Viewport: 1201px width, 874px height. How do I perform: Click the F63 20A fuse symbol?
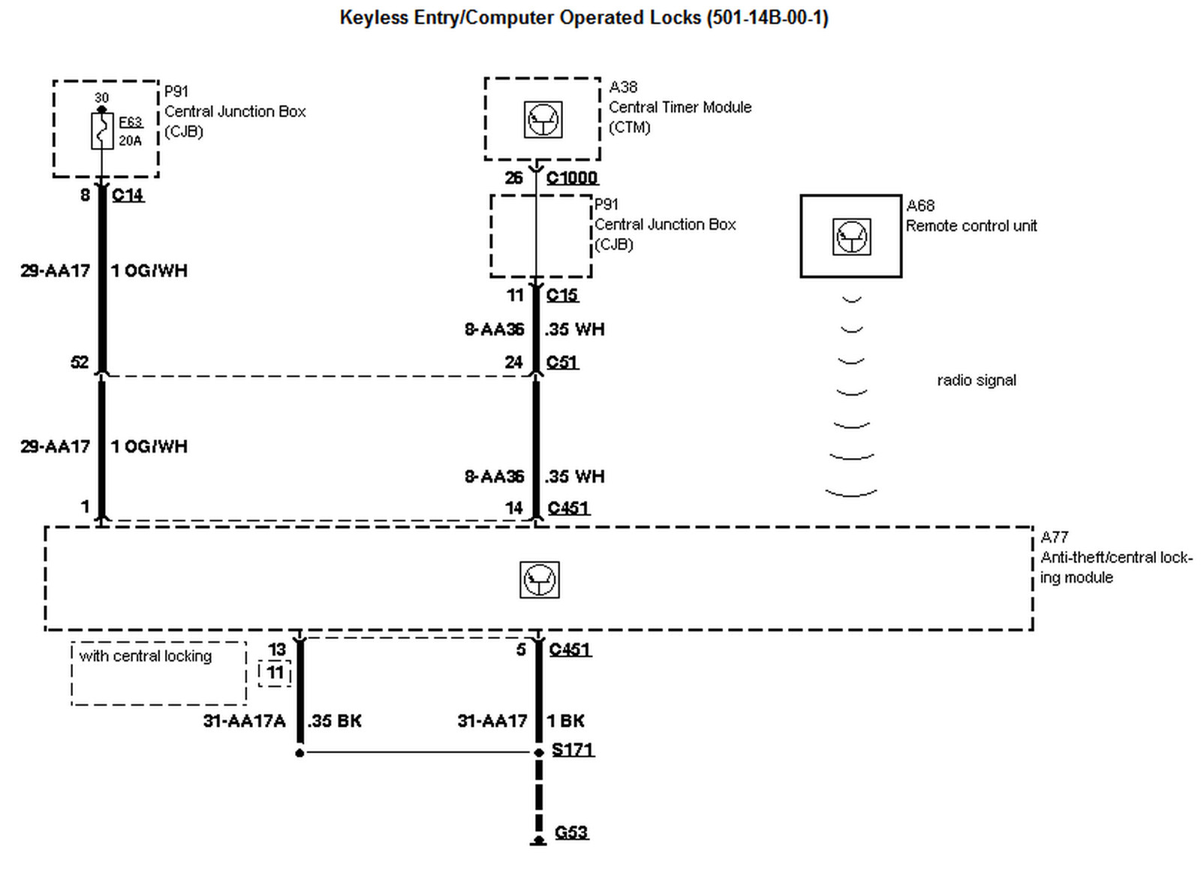coord(102,131)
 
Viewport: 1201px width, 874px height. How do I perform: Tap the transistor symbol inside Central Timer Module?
coord(543,119)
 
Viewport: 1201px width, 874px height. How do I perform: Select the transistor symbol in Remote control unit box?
coord(851,237)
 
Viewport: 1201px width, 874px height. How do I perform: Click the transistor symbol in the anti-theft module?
coord(539,580)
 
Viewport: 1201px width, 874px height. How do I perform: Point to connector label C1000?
coord(572,178)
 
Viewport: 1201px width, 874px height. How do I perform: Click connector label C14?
coord(128,195)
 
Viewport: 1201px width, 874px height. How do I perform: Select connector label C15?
coord(562,295)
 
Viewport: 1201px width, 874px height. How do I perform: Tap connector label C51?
coord(562,363)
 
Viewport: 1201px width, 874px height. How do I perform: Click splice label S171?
coord(573,749)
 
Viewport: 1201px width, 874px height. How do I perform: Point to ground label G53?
coord(571,832)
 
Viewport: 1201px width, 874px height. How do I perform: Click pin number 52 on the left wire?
coord(80,363)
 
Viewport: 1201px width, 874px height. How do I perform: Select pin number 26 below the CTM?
coord(513,178)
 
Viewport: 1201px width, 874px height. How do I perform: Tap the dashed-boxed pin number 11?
coord(275,673)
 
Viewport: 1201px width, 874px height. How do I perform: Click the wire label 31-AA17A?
coord(244,722)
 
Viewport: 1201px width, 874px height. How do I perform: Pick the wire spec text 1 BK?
coord(566,722)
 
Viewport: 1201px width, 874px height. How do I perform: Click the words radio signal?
coord(976,381)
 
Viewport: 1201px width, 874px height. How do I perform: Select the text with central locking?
coord(146,656)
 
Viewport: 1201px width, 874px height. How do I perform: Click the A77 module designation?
coord(1054,538)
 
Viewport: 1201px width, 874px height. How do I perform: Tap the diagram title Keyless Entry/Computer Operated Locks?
coord(583,18)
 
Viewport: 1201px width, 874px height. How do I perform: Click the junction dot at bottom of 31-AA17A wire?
coord(299,752)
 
